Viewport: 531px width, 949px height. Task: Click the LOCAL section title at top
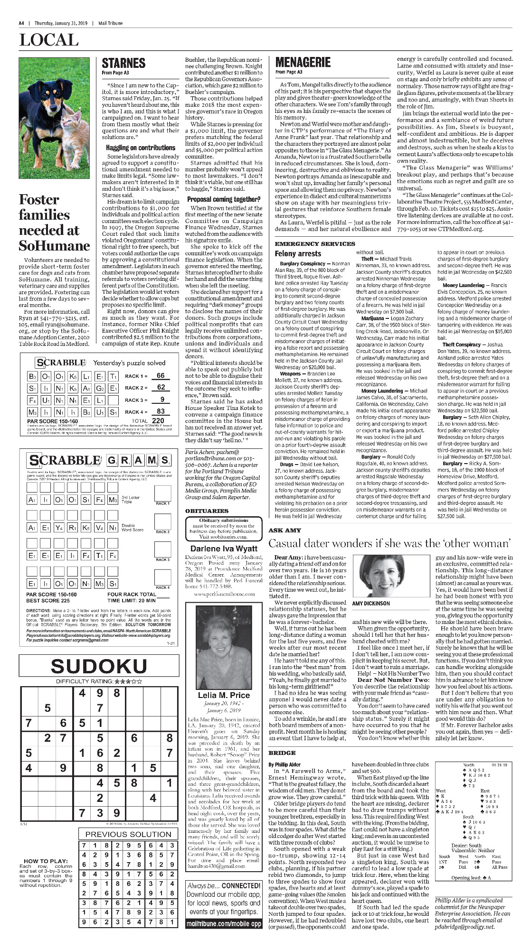click(49, 40)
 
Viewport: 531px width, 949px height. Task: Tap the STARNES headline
click(123, 63)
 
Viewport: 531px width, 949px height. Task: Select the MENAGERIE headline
click(303, 62)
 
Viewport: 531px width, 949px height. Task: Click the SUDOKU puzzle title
click(99, 666)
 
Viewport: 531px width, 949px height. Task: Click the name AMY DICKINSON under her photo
click(371, 604)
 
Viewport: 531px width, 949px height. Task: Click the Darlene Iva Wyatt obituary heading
click(224, 549)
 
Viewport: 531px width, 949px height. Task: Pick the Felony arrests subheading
click(298, 254)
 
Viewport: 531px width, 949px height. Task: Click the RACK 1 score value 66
click(161, 376)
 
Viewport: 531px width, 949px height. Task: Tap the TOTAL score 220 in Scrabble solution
click(158, 420)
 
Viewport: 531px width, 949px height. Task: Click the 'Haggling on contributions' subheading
click(141, 148)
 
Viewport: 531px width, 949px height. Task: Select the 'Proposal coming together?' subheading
click(224, 199)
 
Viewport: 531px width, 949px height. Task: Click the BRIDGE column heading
click(282, 753)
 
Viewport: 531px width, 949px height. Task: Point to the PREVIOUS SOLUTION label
click(128, 834)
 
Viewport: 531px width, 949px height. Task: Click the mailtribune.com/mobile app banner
click(224, 924)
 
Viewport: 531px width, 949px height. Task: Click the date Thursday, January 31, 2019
click(60, 23)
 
